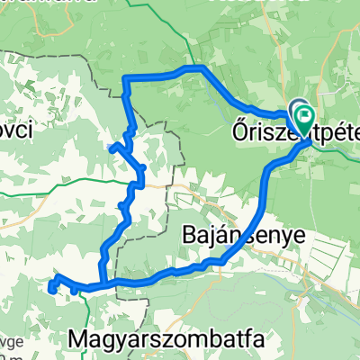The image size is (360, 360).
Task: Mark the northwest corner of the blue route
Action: [x=124, y=81]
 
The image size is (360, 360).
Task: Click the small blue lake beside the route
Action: [x=112, y=146]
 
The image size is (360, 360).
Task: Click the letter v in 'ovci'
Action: [x=8, y=130]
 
